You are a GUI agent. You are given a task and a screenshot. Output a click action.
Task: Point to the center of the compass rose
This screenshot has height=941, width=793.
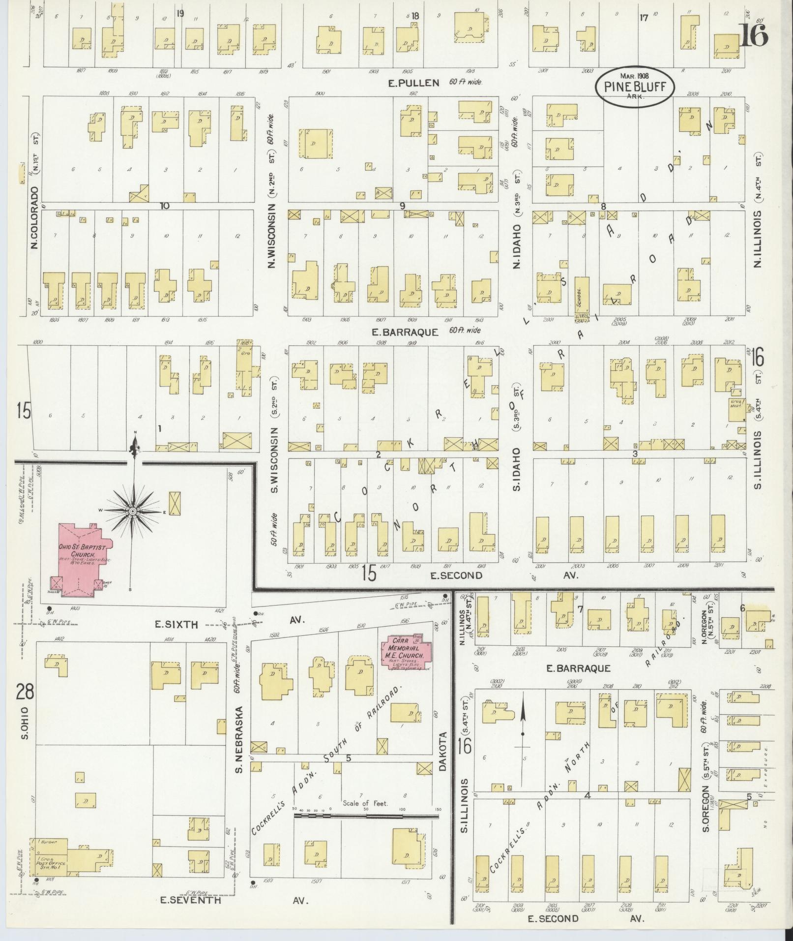click(x=133, y=512)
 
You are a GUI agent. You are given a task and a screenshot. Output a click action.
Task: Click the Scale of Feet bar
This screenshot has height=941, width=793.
click(x=366, y=816)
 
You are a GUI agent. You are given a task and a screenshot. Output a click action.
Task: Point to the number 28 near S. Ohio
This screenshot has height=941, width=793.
click(x=24, y=692)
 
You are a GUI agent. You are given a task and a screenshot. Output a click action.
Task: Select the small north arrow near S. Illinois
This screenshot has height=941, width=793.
click(x=523, y=721)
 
